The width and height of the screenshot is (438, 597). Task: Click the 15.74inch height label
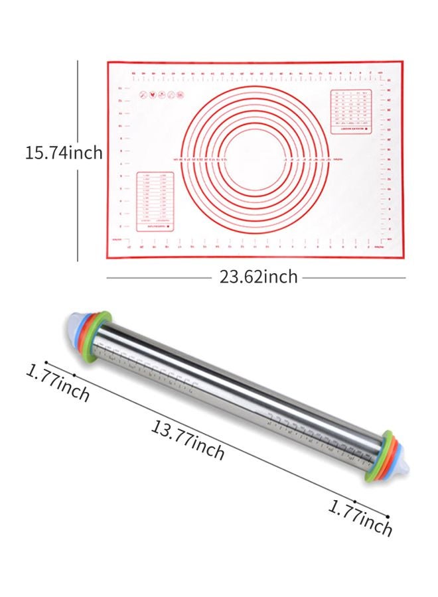pos(64,153)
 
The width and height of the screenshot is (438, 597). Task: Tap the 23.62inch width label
pos(258,277)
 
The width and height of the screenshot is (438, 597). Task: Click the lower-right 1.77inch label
pos(360,517)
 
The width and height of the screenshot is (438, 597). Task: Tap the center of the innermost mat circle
pos(255,159)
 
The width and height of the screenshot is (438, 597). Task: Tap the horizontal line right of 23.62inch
pos(353,278)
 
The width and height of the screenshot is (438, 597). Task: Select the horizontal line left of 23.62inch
pos(159,278)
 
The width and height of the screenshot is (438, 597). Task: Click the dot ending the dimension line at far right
pos(388,515)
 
